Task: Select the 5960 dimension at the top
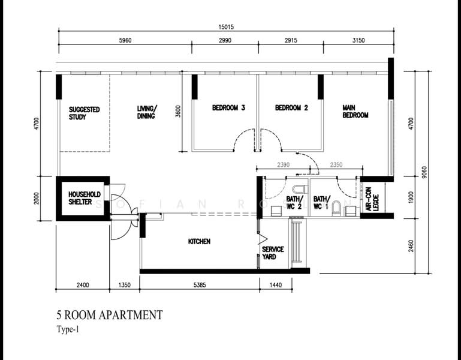tap(125, 41)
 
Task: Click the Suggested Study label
tap(84, 113)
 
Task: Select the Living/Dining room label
tap(146, 112)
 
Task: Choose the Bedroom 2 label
tap(291, 108)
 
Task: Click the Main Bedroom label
tap(355, 112)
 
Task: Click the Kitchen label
tap(199, 242)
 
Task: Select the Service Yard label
tap(273, 253)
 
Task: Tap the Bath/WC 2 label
tap(294, 203)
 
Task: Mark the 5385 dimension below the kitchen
tap(199, 286)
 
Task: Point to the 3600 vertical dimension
tap(178, 112)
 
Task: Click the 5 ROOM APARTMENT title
tap(109, 314)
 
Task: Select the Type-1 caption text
tap(69, 329)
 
